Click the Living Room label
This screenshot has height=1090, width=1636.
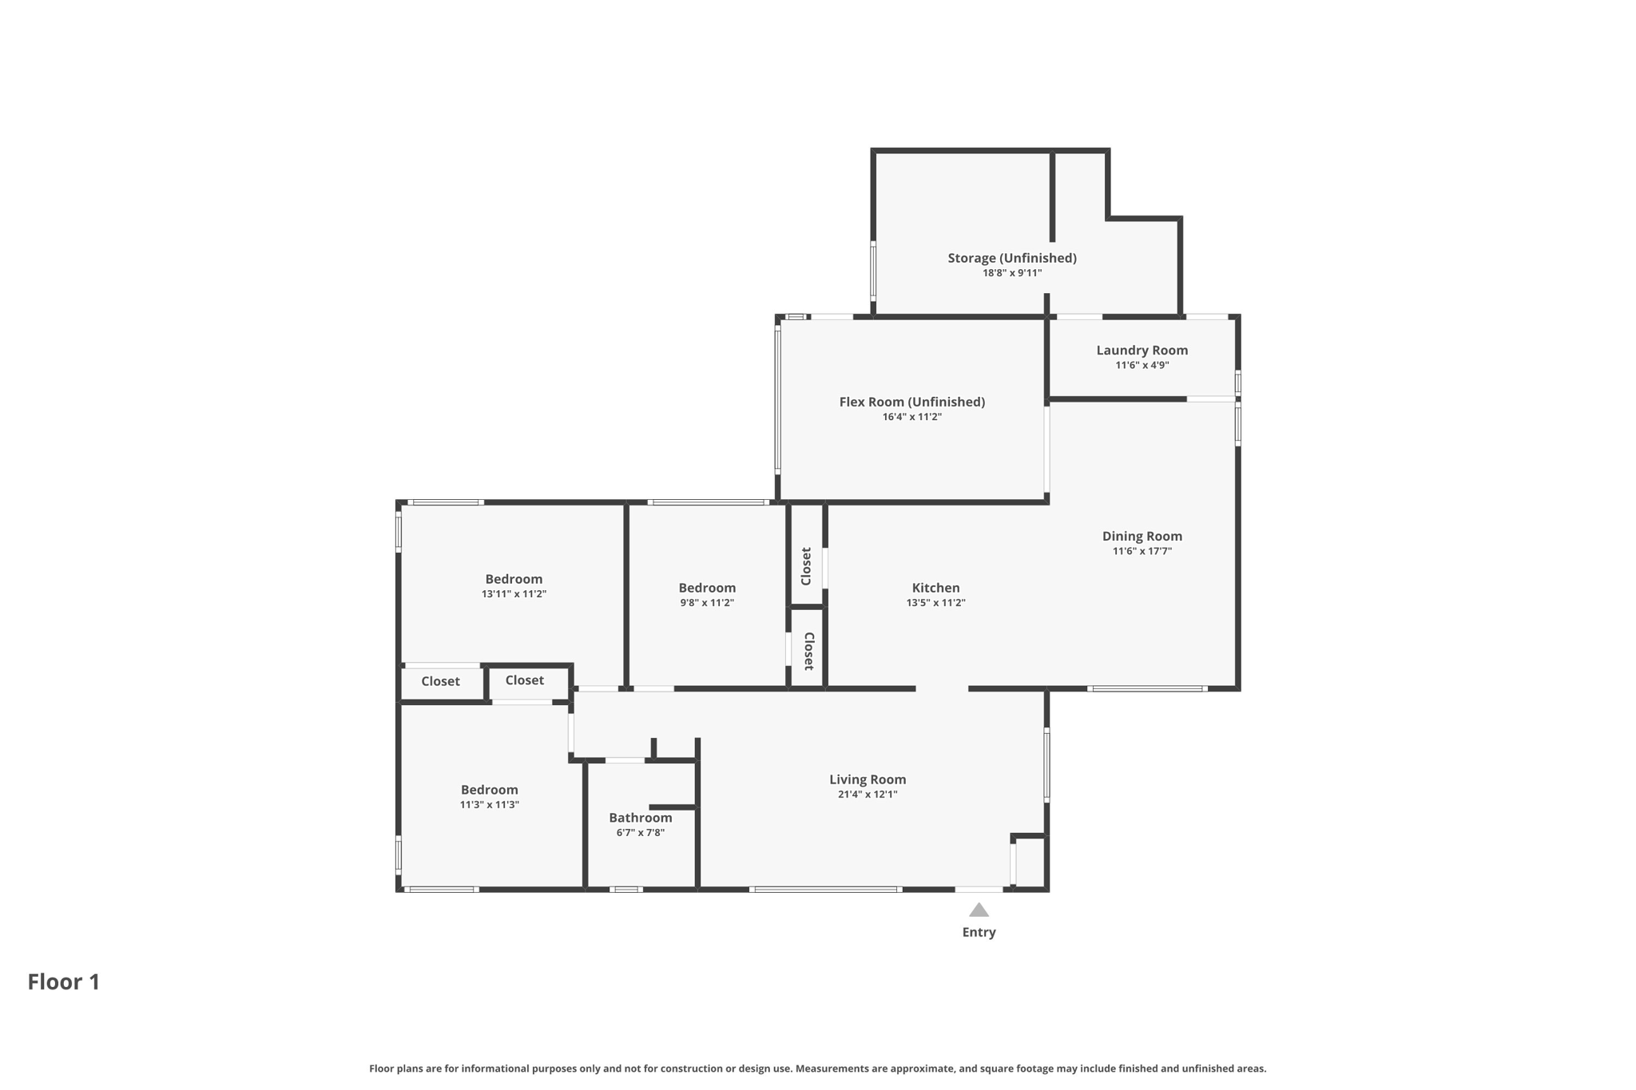(867, 779)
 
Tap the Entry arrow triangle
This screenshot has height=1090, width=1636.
(979, 910)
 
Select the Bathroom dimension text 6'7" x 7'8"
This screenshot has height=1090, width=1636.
(640, 833)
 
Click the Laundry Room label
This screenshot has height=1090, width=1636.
(1142, 350)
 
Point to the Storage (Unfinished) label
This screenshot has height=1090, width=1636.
(1011, 258)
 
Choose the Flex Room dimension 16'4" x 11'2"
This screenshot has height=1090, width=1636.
(911, 417)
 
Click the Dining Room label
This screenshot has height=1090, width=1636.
(1142, 536)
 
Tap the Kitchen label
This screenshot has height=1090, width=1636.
(935, 588)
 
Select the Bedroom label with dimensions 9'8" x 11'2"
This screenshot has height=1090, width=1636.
(707, 588)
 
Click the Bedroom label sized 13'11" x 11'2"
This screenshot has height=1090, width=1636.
(514, 579)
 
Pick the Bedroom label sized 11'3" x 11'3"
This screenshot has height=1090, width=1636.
(489, 790)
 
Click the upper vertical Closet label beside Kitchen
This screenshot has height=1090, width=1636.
(806, 565)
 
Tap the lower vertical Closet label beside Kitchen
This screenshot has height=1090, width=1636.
(808, 651)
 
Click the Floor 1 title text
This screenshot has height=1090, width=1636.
(64, 981)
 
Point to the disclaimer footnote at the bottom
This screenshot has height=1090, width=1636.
(817, 1068)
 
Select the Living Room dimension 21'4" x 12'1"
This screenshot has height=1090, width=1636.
(867, 795)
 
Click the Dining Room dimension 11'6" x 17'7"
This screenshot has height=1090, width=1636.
(1142, 551)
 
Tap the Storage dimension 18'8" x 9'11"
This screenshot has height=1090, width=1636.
(1011, 273)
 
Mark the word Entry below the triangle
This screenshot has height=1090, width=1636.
(979, 932)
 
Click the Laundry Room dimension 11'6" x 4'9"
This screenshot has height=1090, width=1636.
(1142, 365)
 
